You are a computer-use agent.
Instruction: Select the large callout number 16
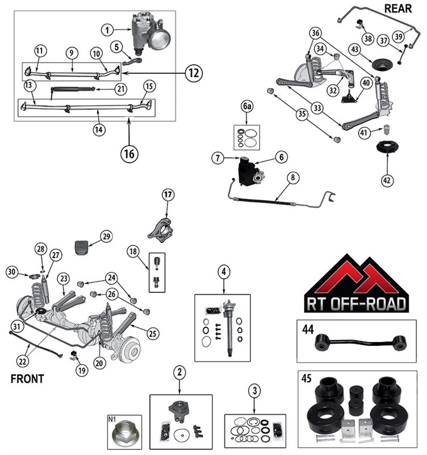129,152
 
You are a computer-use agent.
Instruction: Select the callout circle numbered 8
292,177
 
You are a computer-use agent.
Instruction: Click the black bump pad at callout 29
84,248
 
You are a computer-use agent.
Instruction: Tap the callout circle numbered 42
387,180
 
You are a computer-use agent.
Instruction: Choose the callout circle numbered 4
224,272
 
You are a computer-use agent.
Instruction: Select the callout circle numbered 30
12,272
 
